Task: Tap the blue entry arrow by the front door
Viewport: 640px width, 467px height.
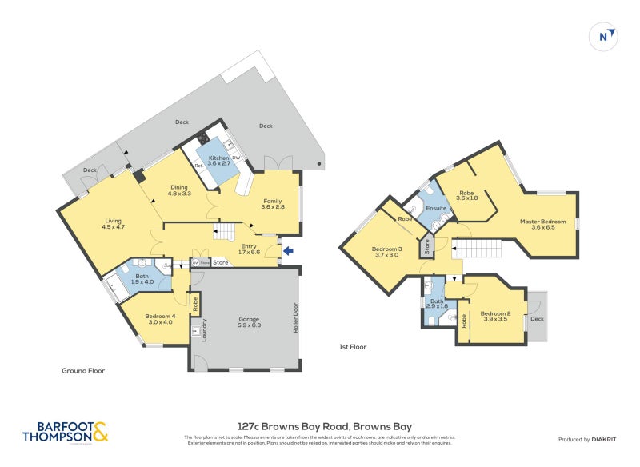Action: [289, 252]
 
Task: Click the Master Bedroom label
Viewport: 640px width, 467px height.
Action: [542, 224]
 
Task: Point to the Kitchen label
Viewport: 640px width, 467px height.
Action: [219, 161]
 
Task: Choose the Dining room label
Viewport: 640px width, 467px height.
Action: [178, 190]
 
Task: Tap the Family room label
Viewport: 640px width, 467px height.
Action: [273, 204]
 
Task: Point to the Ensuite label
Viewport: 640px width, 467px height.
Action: [436, 208]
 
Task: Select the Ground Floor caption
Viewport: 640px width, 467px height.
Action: [83, 371]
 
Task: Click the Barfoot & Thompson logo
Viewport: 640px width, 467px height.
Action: [65, 432]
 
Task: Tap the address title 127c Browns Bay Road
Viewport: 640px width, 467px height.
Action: [325, 426]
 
